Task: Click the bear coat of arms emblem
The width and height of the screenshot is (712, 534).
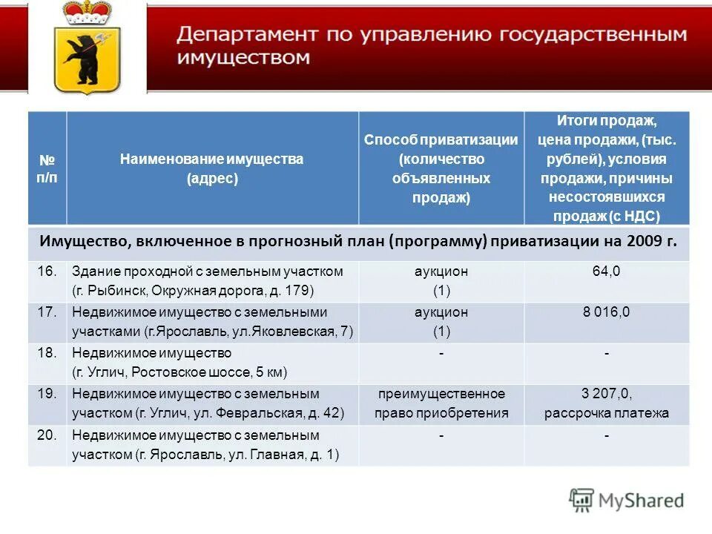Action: [x=87, y=59]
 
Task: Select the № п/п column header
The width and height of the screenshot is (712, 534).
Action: [x=47, y=168]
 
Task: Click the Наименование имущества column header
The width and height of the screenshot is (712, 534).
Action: [x=212, y=168]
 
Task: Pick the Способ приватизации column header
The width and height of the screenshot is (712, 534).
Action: [x=441, y=168]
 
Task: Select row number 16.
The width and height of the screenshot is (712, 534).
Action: [x=47, y=271]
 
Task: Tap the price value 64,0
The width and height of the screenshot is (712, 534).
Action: [x=606, y=271]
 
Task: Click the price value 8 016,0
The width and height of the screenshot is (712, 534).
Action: [x=606, y=312]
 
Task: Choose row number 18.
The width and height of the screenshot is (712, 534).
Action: [x=47, y=353]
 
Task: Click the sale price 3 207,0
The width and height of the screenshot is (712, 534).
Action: [x=606, y=394]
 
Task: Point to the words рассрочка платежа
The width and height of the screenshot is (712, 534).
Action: [x=606, y=413]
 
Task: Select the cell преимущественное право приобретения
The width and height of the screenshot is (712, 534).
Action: [x=441, y=403]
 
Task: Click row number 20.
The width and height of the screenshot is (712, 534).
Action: [x=47, y=435]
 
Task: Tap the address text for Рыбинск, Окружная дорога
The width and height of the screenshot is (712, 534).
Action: [x=193, y=290]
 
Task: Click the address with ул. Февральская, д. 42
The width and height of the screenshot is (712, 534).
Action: [x=208, y=413]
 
